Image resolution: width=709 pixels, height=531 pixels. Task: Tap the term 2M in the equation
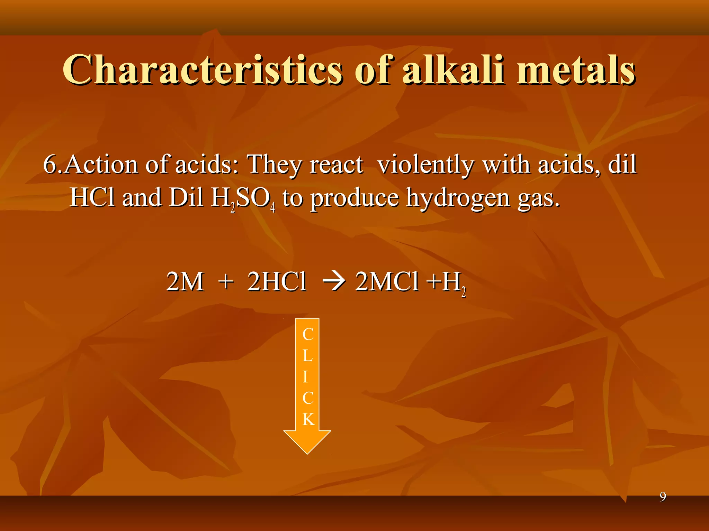pyautogui.click(x=185, y=282)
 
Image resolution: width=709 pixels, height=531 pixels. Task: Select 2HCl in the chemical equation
pyautogui.click(x=277, y=282)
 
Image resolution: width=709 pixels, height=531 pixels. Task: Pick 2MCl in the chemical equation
pyautogui.click(x=387, y=282)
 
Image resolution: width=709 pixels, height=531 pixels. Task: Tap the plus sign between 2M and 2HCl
pyautogui.click(x=226, y=282)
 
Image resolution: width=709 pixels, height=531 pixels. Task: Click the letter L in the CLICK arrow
pyautogui.click(x=307, y=356)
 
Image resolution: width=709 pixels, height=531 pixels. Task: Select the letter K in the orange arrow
pyautogui.click(x=308, y=419)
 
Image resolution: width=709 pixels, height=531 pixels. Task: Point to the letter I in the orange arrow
pyautogui.click(x=305, y=377)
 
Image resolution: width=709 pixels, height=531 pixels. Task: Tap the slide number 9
pyautogui.click(x=663, y=497)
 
